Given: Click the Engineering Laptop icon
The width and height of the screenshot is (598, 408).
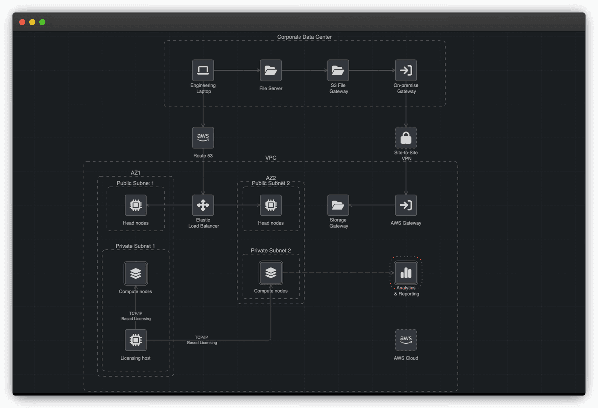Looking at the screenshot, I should pos(203,70).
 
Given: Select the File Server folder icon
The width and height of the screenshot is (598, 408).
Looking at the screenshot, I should pos(271,70).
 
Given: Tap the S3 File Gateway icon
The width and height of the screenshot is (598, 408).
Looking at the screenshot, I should pos(338,70).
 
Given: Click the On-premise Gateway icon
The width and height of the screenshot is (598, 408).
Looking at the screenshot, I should pos(406,70).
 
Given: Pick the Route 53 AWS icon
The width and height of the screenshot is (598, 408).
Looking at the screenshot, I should pos(203,137).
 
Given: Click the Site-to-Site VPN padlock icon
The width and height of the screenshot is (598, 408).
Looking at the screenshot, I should pos(406,137).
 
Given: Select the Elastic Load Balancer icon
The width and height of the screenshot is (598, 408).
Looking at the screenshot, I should pos(203,205).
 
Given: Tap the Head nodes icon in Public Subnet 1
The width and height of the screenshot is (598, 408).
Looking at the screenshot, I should pos(135,205).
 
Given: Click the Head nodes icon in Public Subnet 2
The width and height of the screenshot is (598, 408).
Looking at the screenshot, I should pos(271,205).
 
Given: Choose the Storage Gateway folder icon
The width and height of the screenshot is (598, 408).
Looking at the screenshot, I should pos(338,205).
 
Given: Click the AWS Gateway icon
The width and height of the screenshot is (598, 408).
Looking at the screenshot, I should pos(406,205).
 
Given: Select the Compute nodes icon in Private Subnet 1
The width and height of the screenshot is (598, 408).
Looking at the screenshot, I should pos(135,273).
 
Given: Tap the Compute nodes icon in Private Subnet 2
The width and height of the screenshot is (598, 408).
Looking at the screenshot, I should pos(271,273).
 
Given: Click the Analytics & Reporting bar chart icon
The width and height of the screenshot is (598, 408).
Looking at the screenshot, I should pos(406,273).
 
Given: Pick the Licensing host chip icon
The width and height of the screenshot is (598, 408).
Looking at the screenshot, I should pos(135,340).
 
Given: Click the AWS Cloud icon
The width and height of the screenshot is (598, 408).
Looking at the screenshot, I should pos(406,340).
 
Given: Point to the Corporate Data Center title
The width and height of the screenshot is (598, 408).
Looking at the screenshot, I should pos(304,37).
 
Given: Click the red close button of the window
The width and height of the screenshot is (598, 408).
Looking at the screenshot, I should pos(22,22).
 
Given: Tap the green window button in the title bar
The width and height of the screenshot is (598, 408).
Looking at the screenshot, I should pos(42,22).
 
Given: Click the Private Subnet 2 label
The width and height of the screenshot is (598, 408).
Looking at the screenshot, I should pos(271,250).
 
